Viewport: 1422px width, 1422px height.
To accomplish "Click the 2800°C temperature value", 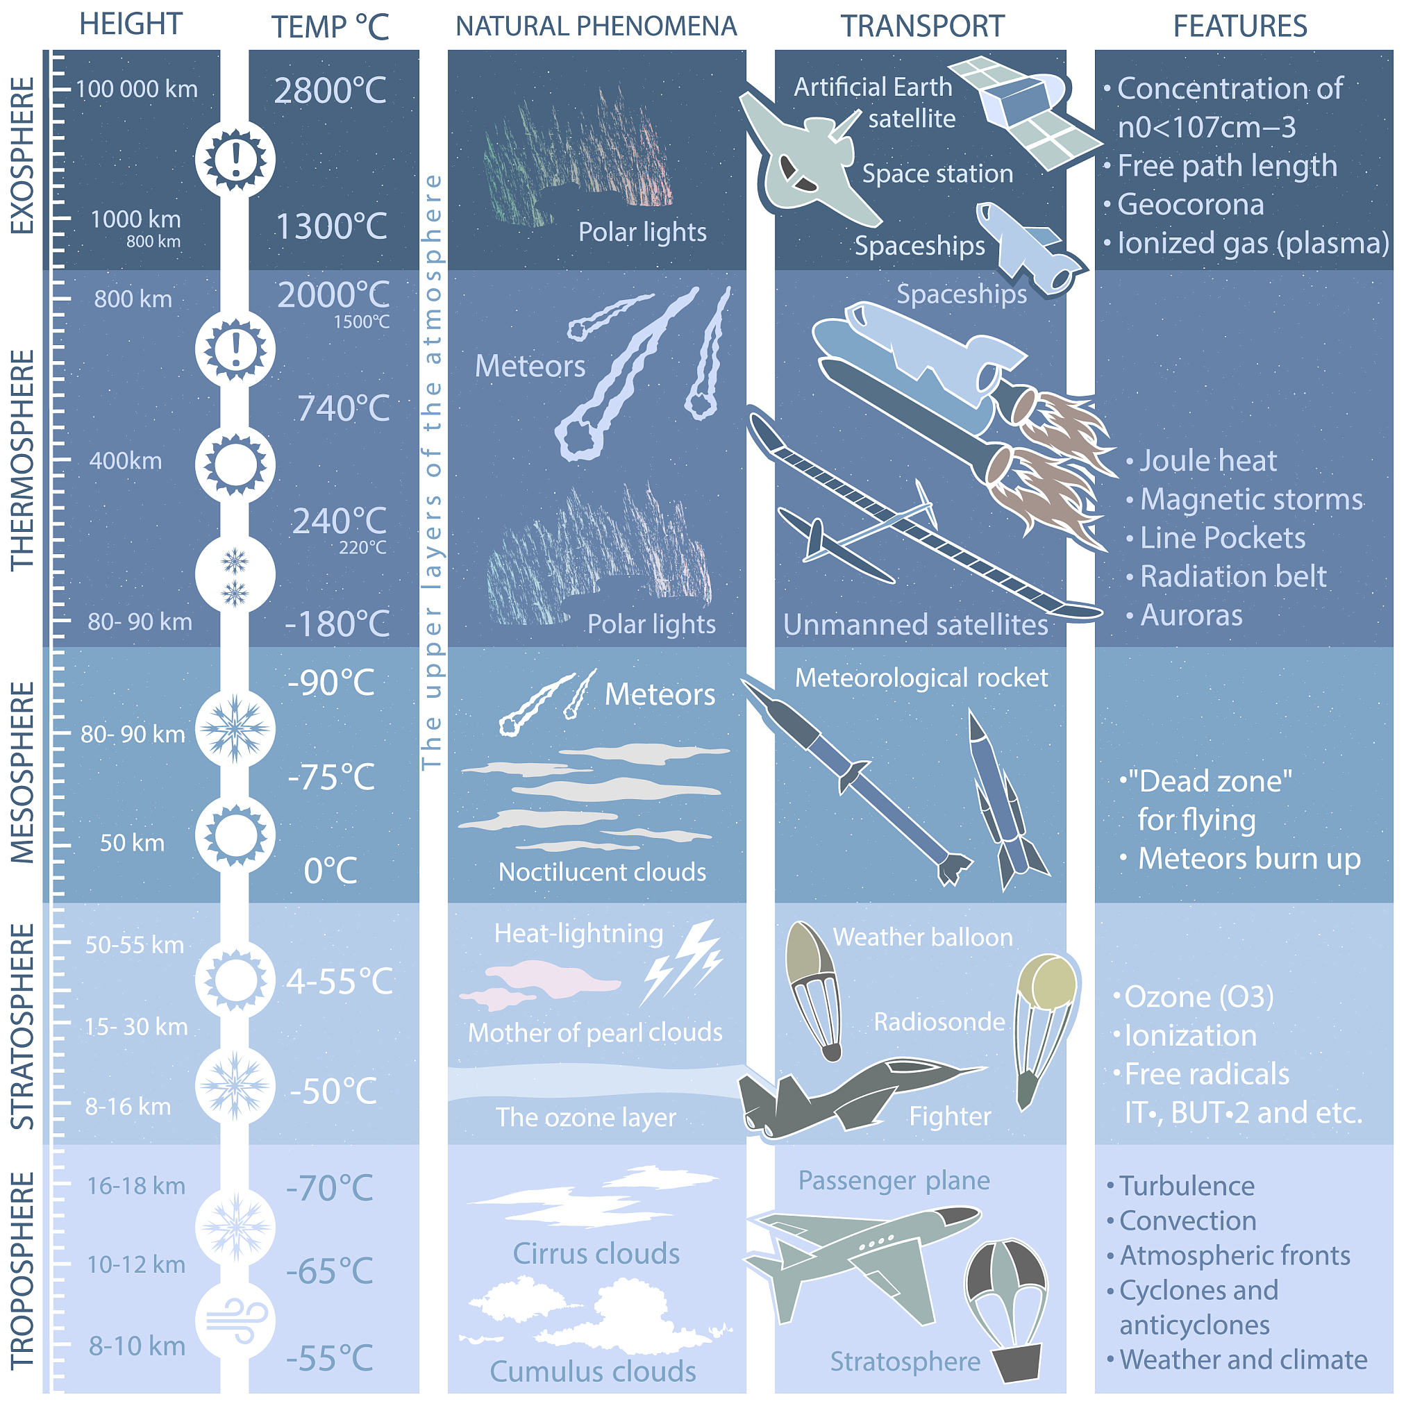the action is (x=331, y=90).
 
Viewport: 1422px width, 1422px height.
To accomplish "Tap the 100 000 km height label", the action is (x=137, y=89).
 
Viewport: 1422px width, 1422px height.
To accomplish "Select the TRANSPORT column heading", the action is (x=922, y=26).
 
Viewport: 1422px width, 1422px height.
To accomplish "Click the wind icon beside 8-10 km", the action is (x=235, y=1321).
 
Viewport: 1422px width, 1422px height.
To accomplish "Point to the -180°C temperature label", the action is (x=337, y=624).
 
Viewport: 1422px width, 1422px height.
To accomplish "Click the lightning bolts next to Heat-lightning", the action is (x=681, y=962).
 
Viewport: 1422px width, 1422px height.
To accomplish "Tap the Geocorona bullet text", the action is (x=1190, y=205).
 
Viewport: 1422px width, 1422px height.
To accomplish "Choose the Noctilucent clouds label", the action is (x=602, y=871).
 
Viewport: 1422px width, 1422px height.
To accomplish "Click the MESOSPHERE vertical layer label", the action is (x=23, y=773).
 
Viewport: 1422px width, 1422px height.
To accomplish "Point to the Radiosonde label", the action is (x=939, y=1021).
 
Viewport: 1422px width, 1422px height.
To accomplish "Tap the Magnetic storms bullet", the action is (x=1251, y=499).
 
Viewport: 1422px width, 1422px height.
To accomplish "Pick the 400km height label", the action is (x=126, y=461).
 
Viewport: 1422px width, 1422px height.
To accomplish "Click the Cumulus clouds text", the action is (x=593, y=1371).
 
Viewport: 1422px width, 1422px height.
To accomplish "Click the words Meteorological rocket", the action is (x=921, y=678).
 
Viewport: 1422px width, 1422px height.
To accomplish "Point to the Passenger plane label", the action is (x=894, y=1180).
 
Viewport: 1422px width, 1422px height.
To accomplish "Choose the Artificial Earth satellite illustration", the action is (x=1025, y=110).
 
